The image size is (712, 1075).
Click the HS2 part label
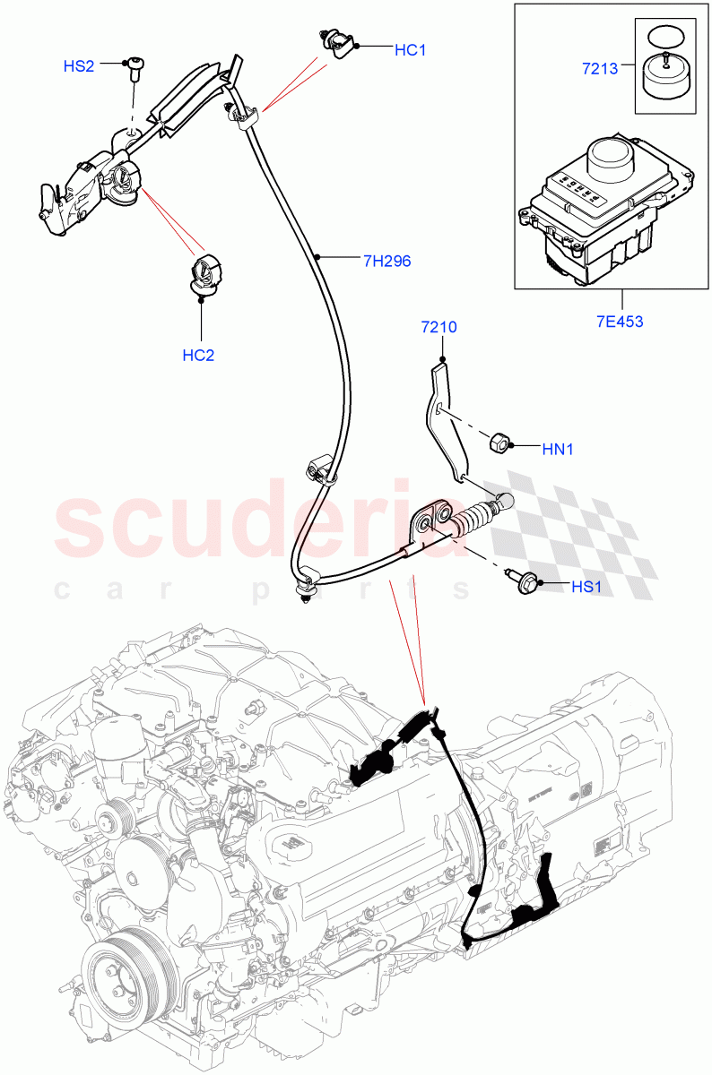[x=78, y=66]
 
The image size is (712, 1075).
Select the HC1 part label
[x=410, y=50]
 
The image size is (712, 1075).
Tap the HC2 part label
[x=198, y=355]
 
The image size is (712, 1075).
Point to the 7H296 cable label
[x=386, y=262]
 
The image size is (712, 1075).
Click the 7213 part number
[x=600, y=68]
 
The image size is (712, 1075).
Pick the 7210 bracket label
[x=439, y=327]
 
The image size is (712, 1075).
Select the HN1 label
[x=557, y=449]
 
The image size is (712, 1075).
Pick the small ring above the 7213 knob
[x=663, y=37]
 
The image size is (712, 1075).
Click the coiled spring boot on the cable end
[x=473, y=520]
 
